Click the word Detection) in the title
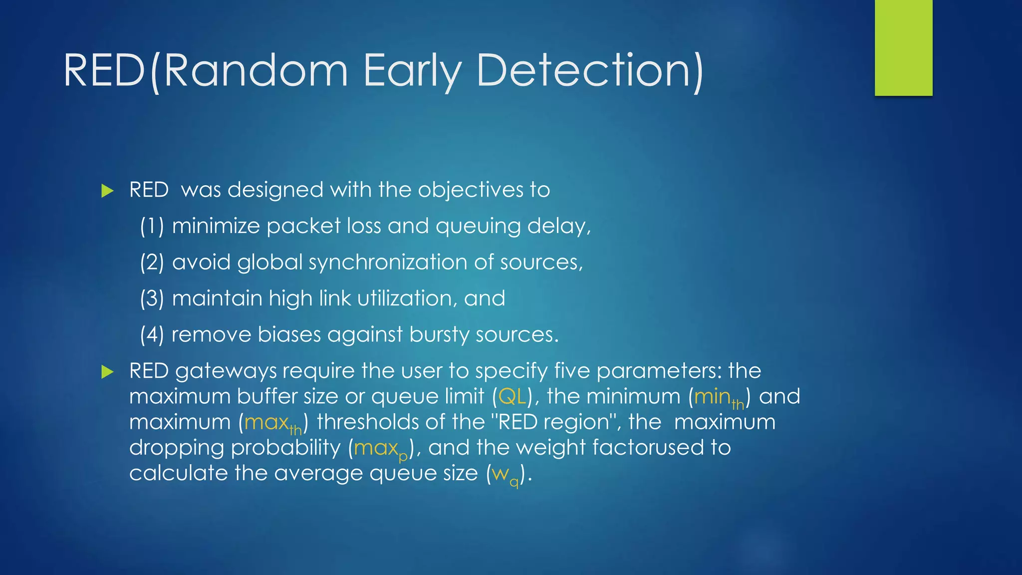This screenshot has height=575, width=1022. point(590,71)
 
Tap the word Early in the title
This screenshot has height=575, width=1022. point(412,71)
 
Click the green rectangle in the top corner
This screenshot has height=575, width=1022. point(903,47)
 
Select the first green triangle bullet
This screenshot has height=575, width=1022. point(107,191)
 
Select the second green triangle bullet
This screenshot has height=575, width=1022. point(107,372)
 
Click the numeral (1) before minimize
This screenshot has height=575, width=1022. point(152,226)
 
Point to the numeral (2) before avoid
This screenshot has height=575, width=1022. point(152,263)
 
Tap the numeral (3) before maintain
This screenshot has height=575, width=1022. point(152,298)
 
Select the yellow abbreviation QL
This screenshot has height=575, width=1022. point(512,396)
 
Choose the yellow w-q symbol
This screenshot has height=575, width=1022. point(505,475)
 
